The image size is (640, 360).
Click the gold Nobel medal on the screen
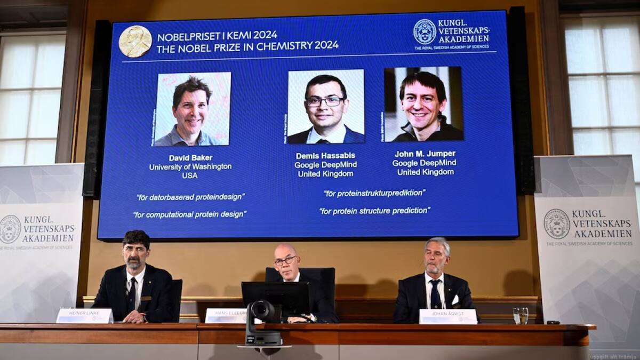[x=135, y=41]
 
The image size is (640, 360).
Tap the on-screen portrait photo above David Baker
[x=192, y=109]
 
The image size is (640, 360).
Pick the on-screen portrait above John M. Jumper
[x=423, y=104]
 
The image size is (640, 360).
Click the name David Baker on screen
[x=190, y=158]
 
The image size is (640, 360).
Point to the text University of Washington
[x=190, y=167]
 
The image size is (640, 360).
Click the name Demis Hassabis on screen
[x=325, y=156]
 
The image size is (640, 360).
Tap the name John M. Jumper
[x=425, y=154]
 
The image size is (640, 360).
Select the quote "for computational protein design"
[x=190, y=214]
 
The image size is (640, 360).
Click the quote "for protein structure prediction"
[x=374, y=211]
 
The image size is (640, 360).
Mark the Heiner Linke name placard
[x=84, y=316]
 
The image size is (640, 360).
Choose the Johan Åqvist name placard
[x=448, y=317]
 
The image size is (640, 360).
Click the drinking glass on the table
[x=520, y=315]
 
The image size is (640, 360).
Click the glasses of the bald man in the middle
[x=286, y=260]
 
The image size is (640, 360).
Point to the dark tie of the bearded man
[x=131, y=294]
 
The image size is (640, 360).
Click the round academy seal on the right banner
[x=556, y=224]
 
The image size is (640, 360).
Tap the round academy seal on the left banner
[x=10, y=229]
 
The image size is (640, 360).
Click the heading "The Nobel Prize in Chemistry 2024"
[x=247, y=46]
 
